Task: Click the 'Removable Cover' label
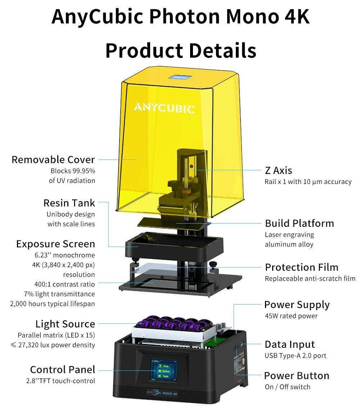tap(53, 159)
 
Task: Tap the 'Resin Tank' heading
tap(69, 203)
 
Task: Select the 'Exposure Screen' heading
tap(55, 244)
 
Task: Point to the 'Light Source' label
tap(65, 324)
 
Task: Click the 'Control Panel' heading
tap(63, 370)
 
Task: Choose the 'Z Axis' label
tap(278, 170)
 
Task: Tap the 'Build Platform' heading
tap(300, 223)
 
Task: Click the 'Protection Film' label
tap(302, 268)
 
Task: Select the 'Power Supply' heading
tap(297, 305)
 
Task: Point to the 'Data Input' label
tap(290, 345)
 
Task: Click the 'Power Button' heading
tap(297, 376)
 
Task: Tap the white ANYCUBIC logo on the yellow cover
tap(165, 108)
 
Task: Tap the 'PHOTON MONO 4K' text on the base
tap(163, 393)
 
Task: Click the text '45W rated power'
tap(291, 316)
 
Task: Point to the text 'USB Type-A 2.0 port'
tap(295, 356)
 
